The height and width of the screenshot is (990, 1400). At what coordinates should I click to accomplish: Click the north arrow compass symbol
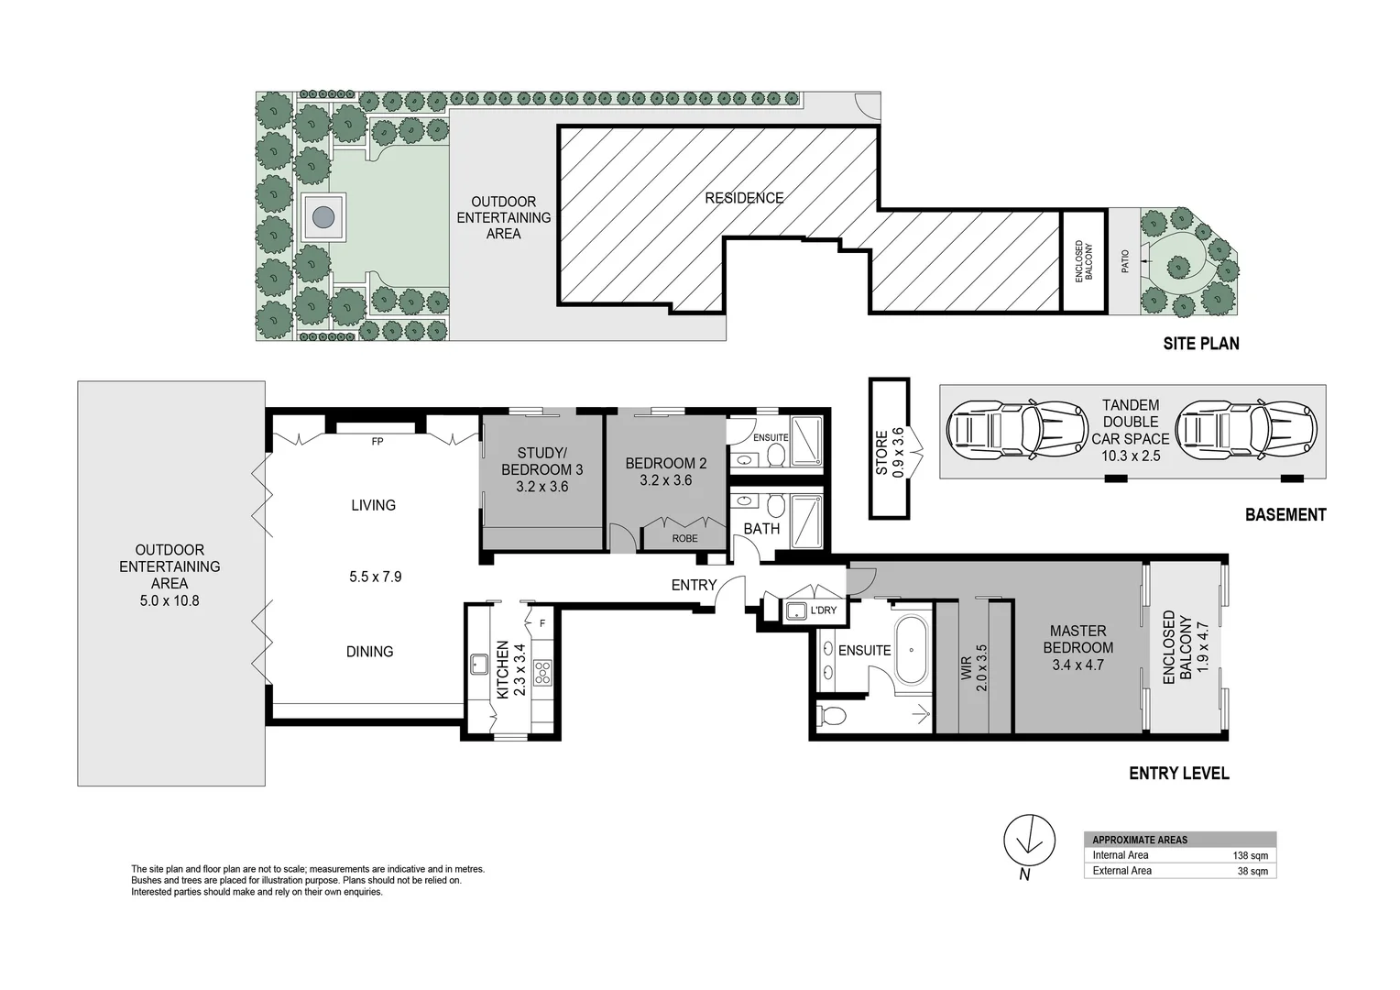tap(1030, 838)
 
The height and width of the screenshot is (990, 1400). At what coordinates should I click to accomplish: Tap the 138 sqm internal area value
tap(1252, 855)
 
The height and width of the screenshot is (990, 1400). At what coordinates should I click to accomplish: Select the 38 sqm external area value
tap(1252, 871)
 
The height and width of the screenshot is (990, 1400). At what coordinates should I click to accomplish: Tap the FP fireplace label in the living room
tap(377, 442)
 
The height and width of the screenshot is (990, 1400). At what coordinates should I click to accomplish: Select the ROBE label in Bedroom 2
tap(684, 538)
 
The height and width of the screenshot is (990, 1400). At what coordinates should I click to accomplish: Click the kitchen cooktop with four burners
tap(542, 673)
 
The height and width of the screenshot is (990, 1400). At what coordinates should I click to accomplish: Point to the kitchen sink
tap(478, 665)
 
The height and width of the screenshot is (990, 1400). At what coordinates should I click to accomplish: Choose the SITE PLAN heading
tap(1200, 344)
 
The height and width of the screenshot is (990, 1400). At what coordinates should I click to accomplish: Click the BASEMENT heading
tap(1285, 515)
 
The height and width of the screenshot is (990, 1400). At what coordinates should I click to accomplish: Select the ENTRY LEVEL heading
tap(1178, 774)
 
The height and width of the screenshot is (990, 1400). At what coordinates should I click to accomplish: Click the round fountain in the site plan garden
tap(323, 217)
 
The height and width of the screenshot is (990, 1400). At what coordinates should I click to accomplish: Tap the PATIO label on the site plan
tap(1124, 261)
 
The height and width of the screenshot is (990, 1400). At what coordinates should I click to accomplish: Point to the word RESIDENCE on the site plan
tap(744, 198)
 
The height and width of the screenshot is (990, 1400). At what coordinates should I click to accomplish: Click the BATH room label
tap(761, 529)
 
